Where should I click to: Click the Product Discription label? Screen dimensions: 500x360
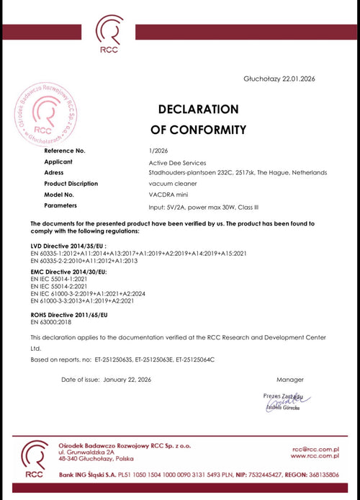click(x=71, y=183)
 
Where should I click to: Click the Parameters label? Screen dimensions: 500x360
click(x=60, y=205)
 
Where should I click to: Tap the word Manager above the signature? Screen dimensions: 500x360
click(x=290, y=379)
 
